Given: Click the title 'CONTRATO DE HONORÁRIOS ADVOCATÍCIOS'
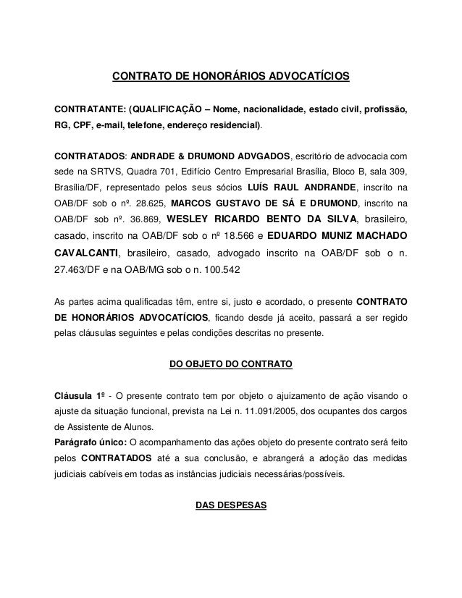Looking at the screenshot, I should (230, 75).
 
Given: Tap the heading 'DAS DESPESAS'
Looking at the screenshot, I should (230, 506).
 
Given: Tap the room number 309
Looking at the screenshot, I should (398, 172).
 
